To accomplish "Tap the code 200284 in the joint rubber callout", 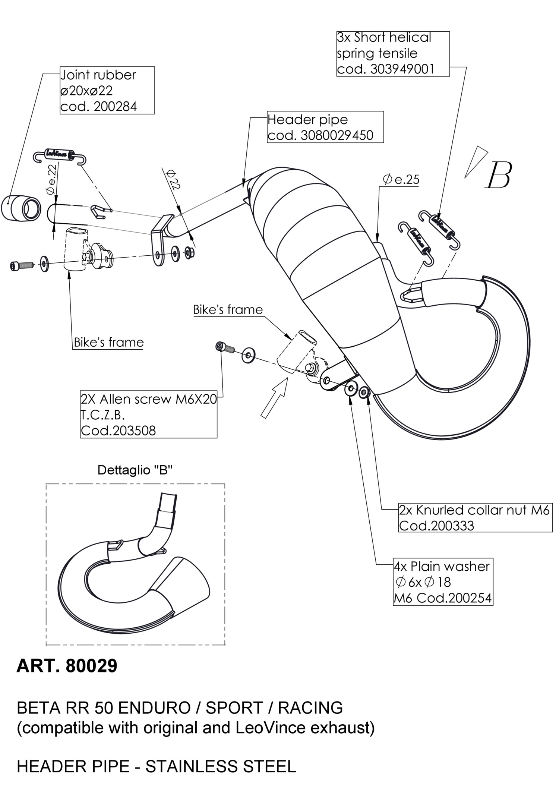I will point(115,107).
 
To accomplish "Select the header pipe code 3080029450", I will point(337,135).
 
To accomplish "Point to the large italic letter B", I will point(499,175).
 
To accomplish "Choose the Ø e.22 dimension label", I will point(51,180).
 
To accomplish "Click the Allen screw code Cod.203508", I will point(118,431).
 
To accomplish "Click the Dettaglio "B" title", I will point(135,470).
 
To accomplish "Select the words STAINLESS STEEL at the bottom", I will point(221,766).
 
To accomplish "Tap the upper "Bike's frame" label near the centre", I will point(228,310).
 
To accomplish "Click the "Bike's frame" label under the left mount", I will point(108,343).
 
